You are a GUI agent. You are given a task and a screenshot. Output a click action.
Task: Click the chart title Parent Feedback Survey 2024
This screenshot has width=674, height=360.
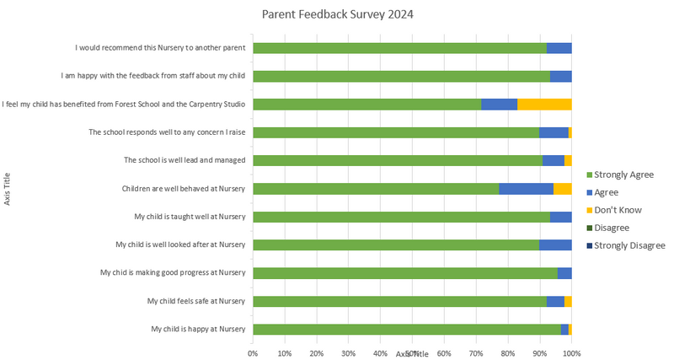pyautogui.click(x=337, y=14)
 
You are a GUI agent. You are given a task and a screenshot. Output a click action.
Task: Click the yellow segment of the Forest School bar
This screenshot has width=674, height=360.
pyautogui.click(x=544, y=105)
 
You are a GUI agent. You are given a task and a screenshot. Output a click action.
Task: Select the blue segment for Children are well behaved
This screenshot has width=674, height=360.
pyautogui.click(x=526, y=189)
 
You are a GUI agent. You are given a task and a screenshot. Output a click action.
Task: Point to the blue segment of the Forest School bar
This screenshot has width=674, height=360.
pyautogui.click(x=499, y=105)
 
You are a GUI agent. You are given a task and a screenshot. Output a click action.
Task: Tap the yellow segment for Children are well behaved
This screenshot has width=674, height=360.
pyautogui.click(x=563, y=189)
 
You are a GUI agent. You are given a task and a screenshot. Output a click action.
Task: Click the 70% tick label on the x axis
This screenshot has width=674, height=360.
pyautogui.click(x=475, y=353)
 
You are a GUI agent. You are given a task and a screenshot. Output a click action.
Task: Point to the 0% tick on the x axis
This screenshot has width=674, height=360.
pyautogui.click(x=253, y=353)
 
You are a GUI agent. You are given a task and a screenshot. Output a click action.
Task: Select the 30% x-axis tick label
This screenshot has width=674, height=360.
pyautogui.click(x=348, y=353)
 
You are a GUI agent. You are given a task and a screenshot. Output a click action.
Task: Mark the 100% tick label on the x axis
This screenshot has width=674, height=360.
pyautogui.click(x=572, y=353)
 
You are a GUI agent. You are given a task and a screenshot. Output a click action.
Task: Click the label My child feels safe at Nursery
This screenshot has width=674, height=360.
pyautogui.click(x=195, y=301)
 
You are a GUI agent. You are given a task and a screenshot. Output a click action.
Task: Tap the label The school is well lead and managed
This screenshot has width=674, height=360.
pyautogui.click(x=185, y=160)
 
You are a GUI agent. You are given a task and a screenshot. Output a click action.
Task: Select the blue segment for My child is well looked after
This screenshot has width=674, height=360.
pyautogui.click(x=555, y=245)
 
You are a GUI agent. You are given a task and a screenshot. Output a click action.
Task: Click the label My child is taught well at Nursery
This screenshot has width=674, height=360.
pyautogui.click(x=190, y=217)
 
